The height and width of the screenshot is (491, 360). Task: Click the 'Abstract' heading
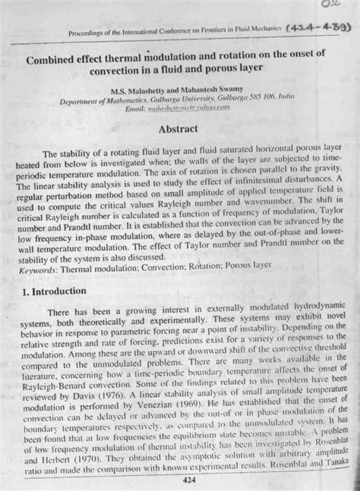[x=182, y=129]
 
